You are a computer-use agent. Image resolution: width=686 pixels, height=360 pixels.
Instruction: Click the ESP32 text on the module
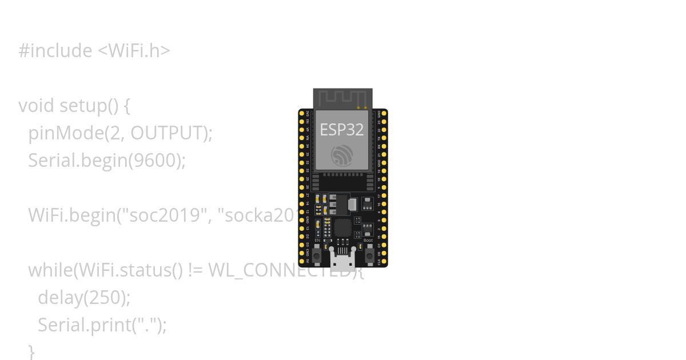tap(342, 130)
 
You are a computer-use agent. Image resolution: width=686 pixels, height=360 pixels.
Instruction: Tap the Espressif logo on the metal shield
tap(342, 155)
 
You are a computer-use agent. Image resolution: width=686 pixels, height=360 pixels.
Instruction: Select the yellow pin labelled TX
tap(384, 138)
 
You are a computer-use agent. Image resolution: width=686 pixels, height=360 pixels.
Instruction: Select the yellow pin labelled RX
tap(384, 146)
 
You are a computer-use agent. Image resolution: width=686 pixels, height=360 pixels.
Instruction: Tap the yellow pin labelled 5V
tap(302, 261)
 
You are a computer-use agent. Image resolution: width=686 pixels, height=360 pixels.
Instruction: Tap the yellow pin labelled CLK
tap(384, 261)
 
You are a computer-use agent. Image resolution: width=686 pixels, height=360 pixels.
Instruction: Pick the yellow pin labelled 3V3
tap(302, 113)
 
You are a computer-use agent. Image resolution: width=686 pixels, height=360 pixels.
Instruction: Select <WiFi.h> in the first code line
tap(134, 51)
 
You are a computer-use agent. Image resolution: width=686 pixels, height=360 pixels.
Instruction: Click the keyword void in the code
tap(37, 106)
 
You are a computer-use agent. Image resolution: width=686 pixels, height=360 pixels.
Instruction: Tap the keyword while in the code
tap(51, 270)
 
